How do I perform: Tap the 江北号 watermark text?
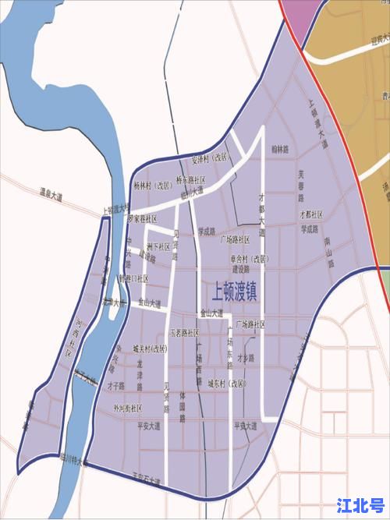coord(360,504)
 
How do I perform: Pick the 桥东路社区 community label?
coord(190,179)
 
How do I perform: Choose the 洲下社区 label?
coord(157,247)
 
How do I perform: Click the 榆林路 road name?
coord(279,148)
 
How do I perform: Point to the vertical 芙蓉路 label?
coord(300,182)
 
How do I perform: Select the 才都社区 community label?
coord(310,214)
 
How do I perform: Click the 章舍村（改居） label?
coord(250,258)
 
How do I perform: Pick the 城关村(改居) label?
coord(150,348)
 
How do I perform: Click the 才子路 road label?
coord(115,385)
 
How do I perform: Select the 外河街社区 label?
coord(126,408)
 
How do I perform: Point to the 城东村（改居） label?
coord(227,384)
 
